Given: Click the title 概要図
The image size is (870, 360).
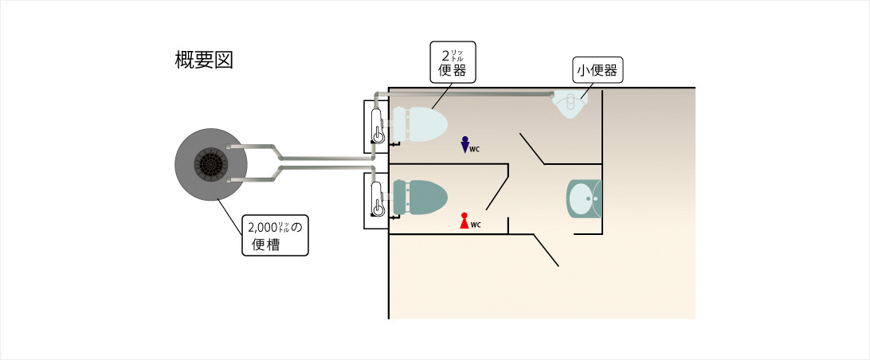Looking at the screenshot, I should tap(203, 61).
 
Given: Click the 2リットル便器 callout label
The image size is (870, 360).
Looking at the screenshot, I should tap(452, 61).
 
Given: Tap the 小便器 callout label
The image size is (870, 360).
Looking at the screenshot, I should tap(597, 70).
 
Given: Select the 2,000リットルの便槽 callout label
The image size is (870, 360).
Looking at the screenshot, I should tap(276, 236).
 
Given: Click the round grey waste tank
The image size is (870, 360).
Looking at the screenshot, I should tap(210, 165).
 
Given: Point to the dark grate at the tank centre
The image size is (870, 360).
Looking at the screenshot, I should tap(211, 165).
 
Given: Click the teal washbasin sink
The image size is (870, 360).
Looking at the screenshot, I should tap(585, 198).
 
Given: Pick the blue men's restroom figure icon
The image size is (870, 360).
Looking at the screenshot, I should tap(464, 145).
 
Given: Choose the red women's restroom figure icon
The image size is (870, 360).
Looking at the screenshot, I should tap(464, 221).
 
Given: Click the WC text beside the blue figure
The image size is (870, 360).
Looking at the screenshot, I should tap(475, 149).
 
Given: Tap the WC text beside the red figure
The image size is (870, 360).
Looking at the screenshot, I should tap(476, 225).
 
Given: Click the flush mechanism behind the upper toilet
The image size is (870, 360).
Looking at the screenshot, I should tap(378, 125).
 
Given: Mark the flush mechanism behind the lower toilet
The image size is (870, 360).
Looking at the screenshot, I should tap(378, 198).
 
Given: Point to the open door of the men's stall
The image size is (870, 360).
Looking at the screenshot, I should tap(531, 147).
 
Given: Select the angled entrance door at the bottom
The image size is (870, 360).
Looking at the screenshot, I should tap(546, 250).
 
